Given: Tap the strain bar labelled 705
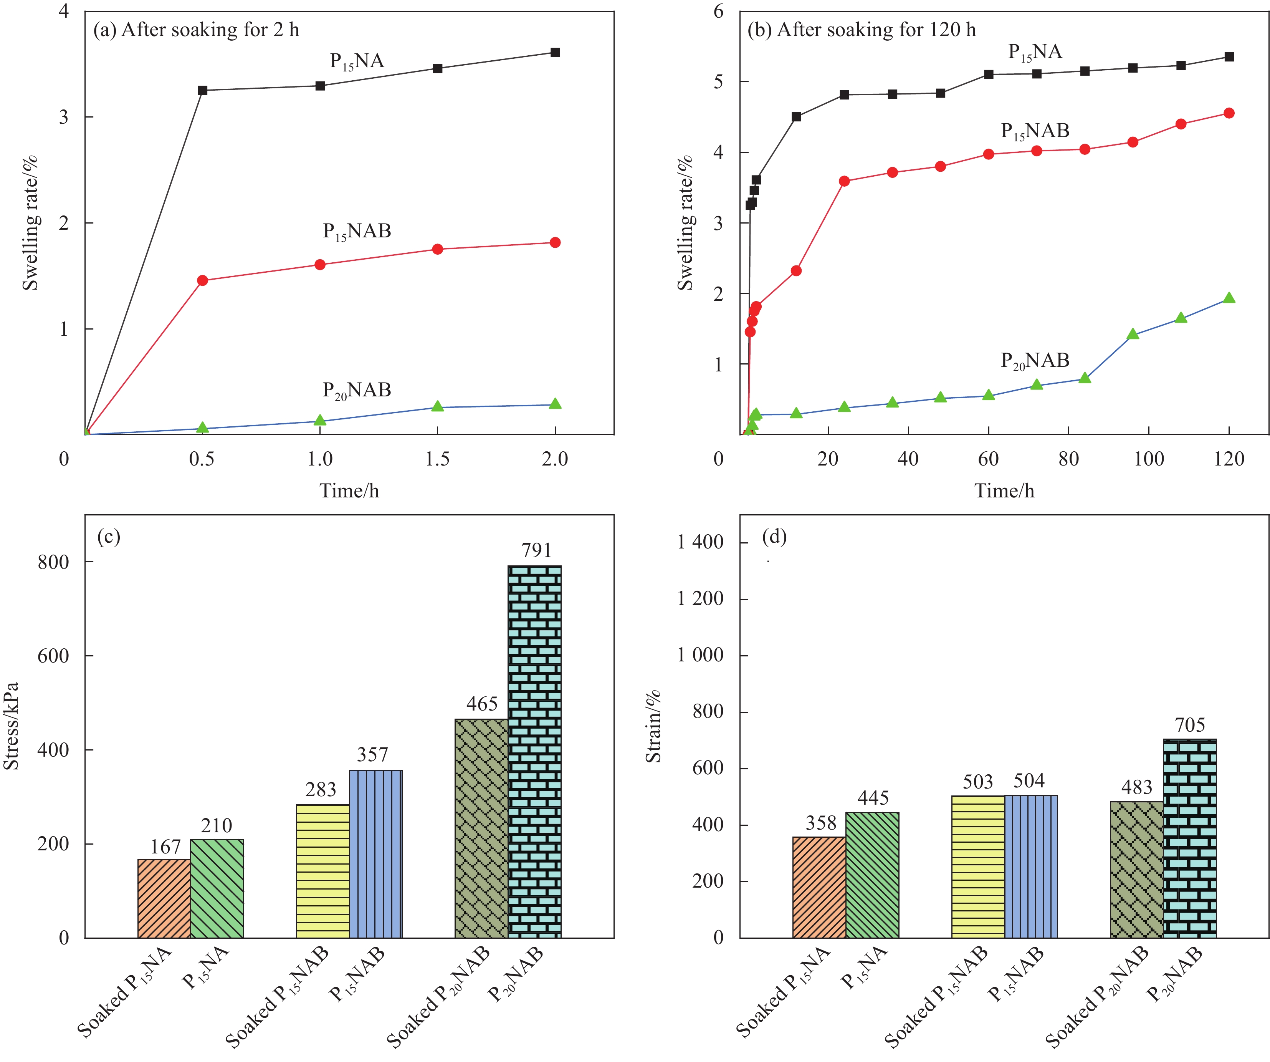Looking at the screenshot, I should (x=1189, y=838).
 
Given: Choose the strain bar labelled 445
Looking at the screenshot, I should (x=872, y=875).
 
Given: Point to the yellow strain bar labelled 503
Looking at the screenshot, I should (x=978, y=866).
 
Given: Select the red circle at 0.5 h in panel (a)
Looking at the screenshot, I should (x=203, y=280).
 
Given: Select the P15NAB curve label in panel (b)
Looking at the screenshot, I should (x=1035, y=131).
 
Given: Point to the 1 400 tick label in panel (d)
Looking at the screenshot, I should (x=700, y=542).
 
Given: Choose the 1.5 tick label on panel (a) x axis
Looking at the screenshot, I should (x=437, y=459).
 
